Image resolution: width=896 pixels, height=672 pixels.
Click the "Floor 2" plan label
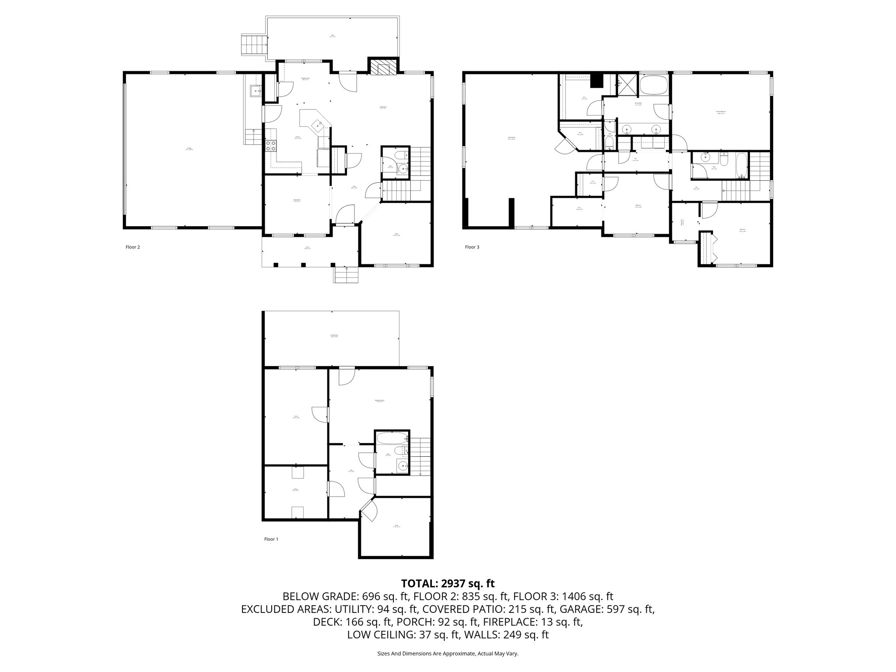click(x=133, y=247)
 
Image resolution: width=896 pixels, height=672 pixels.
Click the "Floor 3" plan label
click(x=472, y=247)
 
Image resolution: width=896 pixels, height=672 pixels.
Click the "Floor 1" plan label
click(x=271, y=539)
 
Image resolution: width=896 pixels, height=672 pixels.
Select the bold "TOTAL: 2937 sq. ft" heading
click(x=448, y=583)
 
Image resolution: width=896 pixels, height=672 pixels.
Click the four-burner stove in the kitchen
click(x=271, y=146)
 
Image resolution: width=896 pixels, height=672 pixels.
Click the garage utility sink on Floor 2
click(x=255, y=91)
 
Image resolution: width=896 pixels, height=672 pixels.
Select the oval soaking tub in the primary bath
click(x=654, y=84)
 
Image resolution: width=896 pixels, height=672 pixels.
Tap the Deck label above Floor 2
click(x=333, y=36)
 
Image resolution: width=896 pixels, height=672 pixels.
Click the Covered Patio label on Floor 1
click(x=334, y=336)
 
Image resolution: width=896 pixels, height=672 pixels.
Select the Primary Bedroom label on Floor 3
click(x=721, y=112)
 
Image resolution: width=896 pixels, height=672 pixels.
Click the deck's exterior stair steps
click(x=254, y=45)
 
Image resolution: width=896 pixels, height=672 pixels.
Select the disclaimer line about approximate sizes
click(x=448, y=654)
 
